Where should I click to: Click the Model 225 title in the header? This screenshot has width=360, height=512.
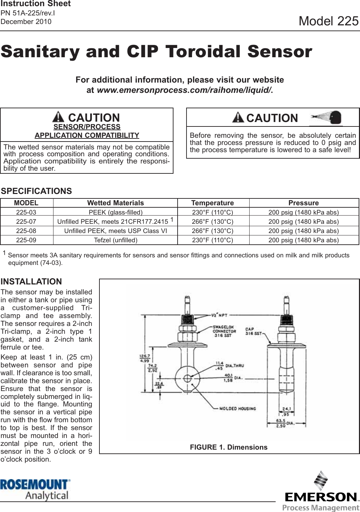(328, 21)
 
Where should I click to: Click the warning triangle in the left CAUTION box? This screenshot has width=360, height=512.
(58, 117)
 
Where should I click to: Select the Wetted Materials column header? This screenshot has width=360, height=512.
(116, 203)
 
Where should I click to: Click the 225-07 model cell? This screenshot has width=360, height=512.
(26, 222)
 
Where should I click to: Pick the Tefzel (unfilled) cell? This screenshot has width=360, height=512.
(116, 240)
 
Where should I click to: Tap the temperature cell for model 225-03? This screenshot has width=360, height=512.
(213, 212)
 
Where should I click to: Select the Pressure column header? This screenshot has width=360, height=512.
(303, 203)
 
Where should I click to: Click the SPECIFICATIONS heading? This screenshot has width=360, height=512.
(36, 191)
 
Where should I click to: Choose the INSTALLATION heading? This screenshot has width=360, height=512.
(31, 282)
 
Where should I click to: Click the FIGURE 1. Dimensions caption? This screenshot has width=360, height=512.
(229, 447)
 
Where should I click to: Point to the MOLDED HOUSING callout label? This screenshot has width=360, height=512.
(238, 409)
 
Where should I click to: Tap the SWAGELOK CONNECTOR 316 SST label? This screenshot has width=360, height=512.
(224, 331)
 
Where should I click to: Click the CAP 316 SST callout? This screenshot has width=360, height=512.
(253, 331)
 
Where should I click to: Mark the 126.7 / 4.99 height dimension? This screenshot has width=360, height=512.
(144, 358)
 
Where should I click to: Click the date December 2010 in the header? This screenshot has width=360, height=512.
(26, 22)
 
